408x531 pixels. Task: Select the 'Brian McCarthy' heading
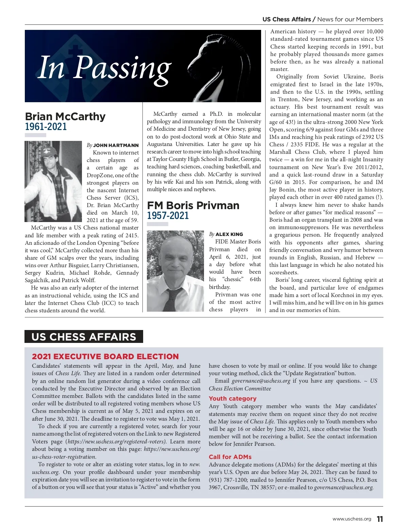click(x=65, y=116)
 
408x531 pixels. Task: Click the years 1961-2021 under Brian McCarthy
click(x=46, y=127)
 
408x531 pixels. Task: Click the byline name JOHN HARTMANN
click(x=116, y=145)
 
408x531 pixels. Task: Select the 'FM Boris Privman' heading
click(x=193, y=205)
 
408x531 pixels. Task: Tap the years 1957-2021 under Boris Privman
click(x=168, y=216)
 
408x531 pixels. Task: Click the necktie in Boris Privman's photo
click(x=172, y=299)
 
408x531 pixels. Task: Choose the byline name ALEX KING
click(x=229, y=234)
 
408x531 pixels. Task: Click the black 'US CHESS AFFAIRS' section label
click(x=84, y=336)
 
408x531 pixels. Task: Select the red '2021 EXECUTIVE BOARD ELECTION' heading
click(x=105, y=356)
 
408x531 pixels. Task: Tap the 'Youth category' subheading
click(x=233, y=399)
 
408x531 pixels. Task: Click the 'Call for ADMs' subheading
click(x=230, y=457)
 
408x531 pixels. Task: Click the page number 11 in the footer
click(x=380, y=519)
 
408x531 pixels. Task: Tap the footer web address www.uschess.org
click(x=352, y=519)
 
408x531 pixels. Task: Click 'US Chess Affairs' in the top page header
click(x=287, y=19)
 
